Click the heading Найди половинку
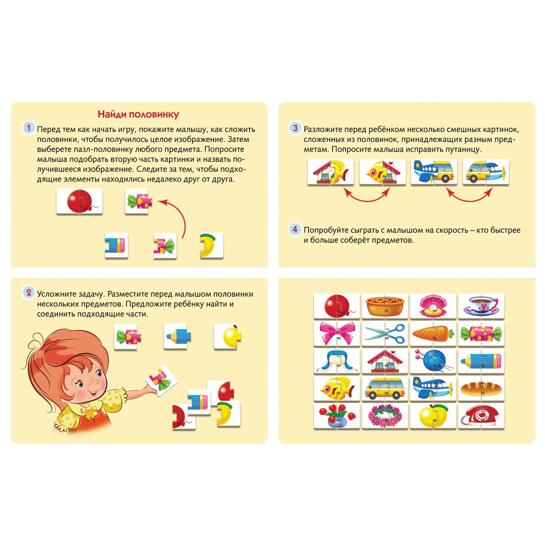coord(138,114)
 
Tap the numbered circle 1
coord(29,128)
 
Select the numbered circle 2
coord(29,293)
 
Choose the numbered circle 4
coord(295,229)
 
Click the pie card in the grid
coord(385,306)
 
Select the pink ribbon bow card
coord(336,333)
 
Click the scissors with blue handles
coord(385,333)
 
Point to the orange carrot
coord(432,333)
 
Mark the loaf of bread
coord(481,389)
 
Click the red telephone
coord(480,416)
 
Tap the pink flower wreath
coord(385,416)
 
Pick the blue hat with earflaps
coord(336,361)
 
